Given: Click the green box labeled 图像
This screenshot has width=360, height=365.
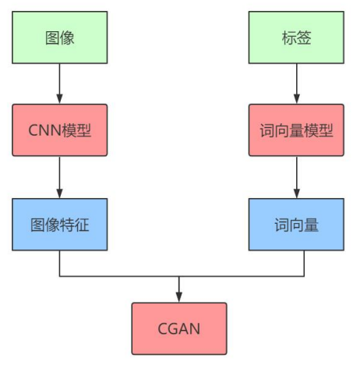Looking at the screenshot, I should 60,37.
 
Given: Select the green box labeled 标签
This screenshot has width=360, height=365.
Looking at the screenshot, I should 295,37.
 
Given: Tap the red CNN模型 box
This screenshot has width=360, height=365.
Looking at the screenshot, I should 60,130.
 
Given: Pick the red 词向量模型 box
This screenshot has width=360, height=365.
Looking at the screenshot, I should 295,130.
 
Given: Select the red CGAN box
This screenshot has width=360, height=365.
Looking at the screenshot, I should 178,328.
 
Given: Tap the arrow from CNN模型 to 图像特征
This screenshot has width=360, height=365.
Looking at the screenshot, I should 60,177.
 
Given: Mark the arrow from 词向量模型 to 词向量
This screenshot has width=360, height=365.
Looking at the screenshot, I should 295,177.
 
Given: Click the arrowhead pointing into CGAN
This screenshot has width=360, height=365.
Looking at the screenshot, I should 178,297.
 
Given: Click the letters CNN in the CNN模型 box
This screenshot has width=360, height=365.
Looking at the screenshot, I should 44,130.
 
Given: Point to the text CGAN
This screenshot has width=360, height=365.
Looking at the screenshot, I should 178,328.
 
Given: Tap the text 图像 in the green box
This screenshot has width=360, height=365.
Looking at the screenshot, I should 60,37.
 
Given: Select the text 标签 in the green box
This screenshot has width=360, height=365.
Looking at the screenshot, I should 295,37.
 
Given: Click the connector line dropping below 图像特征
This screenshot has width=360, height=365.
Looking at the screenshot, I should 60,264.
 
